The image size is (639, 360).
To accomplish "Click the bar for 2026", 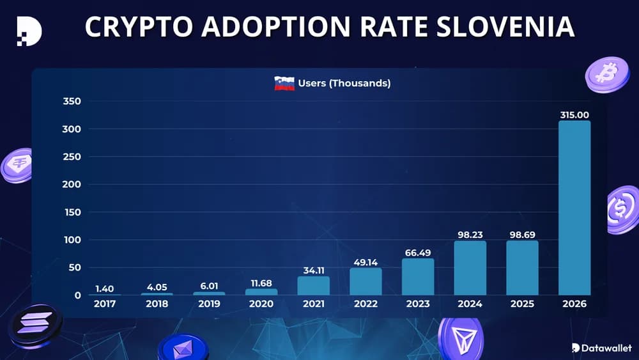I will coord(574,208).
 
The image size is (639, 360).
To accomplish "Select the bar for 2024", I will coord(470,268).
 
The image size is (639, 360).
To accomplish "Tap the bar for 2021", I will coord(314,285).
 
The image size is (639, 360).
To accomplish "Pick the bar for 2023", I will coord(418,276).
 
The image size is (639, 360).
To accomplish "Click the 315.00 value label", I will coord(574,115).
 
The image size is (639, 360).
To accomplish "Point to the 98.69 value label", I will coord(522,235).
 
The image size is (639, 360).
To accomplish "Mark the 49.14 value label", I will coord(366,262).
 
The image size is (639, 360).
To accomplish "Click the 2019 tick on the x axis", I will coord(209,304).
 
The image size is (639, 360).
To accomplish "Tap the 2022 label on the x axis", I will coord(366,304).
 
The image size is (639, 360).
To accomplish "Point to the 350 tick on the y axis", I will coord(72,102).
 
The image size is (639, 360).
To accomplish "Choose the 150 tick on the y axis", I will coord(72,212).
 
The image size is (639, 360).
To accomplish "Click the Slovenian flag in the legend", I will coord(284,83).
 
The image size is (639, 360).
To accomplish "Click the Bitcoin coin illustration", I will coord(607,74).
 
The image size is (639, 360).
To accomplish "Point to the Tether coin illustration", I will coord(18,166).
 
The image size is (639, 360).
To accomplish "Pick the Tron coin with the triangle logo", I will coord(460,336).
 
